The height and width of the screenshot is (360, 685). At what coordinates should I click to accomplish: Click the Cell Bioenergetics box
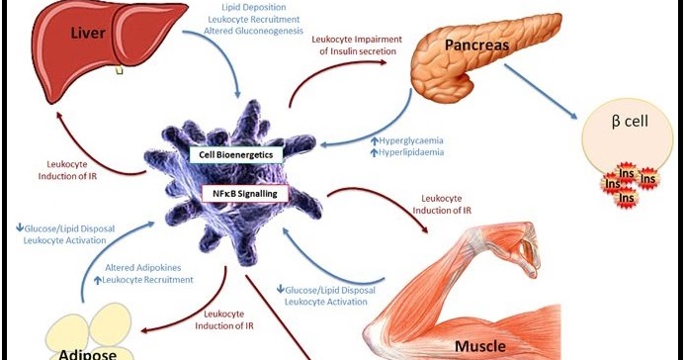pos(237,155)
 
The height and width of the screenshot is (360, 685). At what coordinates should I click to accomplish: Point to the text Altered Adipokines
pos(144,267)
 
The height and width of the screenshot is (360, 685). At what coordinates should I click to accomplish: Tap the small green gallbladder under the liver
pos(121,70)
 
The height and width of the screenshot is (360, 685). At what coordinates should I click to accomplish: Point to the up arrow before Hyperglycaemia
pos(375,141)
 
